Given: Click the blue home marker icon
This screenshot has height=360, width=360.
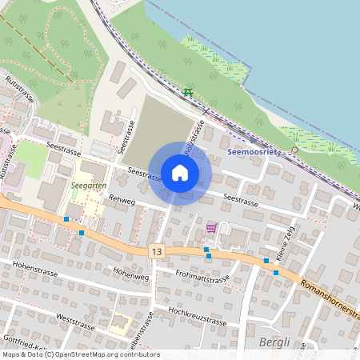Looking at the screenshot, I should coord(180,172).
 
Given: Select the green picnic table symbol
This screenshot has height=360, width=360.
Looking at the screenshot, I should coord(188,93).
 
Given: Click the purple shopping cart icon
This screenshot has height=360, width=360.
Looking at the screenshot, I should coord(211,228).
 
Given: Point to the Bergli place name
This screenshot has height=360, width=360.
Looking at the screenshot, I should coord(275,342).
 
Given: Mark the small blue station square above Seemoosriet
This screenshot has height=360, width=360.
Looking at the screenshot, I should coord(253,139).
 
